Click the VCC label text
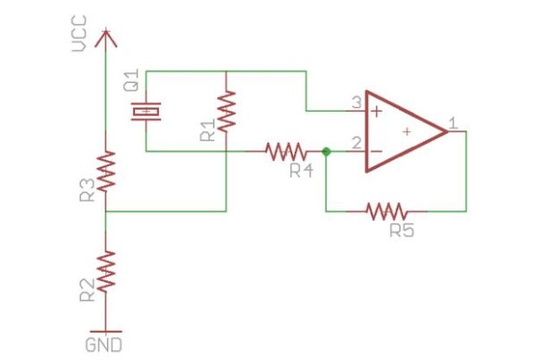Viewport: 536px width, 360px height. pyautogui.click(x=80, y=34)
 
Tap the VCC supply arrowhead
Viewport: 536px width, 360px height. pyautogui.click(x=105, y=38)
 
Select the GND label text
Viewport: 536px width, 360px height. pyautogui.click(x=104, y=345)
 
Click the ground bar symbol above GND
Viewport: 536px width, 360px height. pyautogui.click(x=105, y=331)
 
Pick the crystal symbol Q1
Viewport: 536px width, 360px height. pyautogui.click(x=146, y=112)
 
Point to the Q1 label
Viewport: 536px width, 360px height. pyautogui.click(x=131, y=80)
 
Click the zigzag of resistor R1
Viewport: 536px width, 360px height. pyautogui.click(x=226, y=112)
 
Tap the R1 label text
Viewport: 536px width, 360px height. pyautogui.click(x=208, y=130)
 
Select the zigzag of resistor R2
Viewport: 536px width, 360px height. pyautogui.click(x=105, y=272)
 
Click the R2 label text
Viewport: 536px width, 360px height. pyautogui.click(x=88, y=290)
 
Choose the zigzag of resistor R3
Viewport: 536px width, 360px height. pyautogui.click(x=105, y=172)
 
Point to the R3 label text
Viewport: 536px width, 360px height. pyautogui.click(x=88, y=190)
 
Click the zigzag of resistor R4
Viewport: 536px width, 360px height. pyautogui.click(x=286, y=152)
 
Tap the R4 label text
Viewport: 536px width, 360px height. pyautogui.click(x=301, y=171)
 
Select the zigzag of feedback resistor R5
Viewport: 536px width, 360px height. pyautogui.click(x=387, y=212)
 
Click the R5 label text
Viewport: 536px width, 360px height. pyautogui.click(x=402, y=230)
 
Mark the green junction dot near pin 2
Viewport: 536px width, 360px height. pyautogui.click(x=326, y=152)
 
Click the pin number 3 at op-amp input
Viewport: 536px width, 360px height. pyautogui.click(x=356, y=103)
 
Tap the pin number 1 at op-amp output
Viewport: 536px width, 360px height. pyautogui.click(x=453, y=123)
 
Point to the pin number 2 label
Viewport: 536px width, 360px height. pyautogui.click(x=356, y=143)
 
